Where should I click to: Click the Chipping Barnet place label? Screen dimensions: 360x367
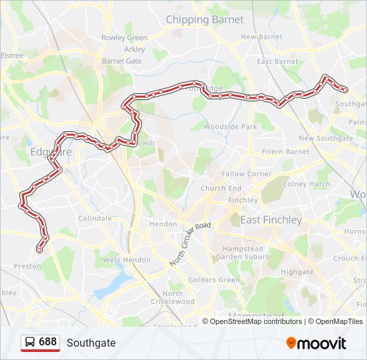[x=204, y=19]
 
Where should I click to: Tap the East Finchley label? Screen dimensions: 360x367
[x=271, y=220]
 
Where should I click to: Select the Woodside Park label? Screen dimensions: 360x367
[x=230, y=127]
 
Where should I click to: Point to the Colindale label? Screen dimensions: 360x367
[x=95, y=218]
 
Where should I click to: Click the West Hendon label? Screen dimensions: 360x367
[x=126, y=260]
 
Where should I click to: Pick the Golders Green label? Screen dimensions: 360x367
[x=214, y=281]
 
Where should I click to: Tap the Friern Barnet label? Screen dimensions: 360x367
[x=286, y=151]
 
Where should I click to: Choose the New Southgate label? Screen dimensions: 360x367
[x=326, y=138]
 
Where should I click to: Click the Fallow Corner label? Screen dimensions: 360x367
[x=246, y=174]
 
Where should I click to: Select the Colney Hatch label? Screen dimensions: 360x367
[x=306, y=184]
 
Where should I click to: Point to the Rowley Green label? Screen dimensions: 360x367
[x=124, y=38]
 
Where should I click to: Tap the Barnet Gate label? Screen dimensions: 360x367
[x=121, y=61]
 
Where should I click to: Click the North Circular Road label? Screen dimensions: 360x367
[x=190, y=244]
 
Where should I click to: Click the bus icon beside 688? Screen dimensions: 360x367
[x=30, y=343]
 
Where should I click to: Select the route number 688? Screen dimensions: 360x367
[x=47, y=342]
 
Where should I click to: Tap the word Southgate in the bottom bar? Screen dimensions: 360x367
[x=91, y=343]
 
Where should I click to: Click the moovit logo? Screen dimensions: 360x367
[x=316, y=343]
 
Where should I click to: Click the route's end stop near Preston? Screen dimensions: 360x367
[x=39, y=250]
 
